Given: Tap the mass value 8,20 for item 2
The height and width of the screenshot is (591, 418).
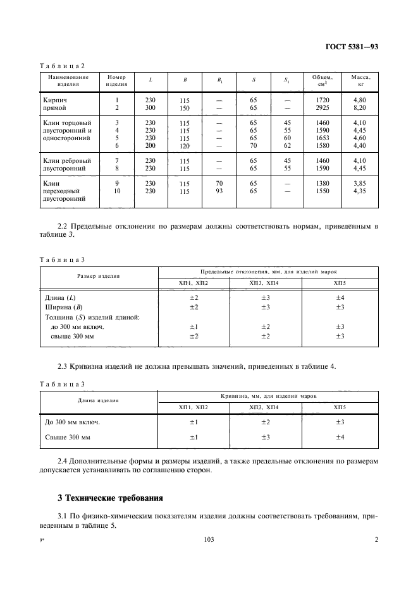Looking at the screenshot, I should coord(359,109).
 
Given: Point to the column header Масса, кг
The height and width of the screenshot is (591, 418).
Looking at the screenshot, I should coord(359,80).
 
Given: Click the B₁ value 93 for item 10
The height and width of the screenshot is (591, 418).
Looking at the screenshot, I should coord(219,190).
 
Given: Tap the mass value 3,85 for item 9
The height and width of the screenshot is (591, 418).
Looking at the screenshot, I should coord(359,182).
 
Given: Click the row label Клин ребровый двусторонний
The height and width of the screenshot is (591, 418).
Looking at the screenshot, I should coord(66,165).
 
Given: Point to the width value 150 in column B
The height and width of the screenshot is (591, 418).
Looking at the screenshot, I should coord(185,109).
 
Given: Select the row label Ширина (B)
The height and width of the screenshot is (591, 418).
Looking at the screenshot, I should coord(64,307).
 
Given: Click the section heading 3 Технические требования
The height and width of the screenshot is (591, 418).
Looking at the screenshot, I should coord(111,498).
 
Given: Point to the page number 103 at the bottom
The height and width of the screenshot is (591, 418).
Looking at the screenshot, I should coord(209,539).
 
